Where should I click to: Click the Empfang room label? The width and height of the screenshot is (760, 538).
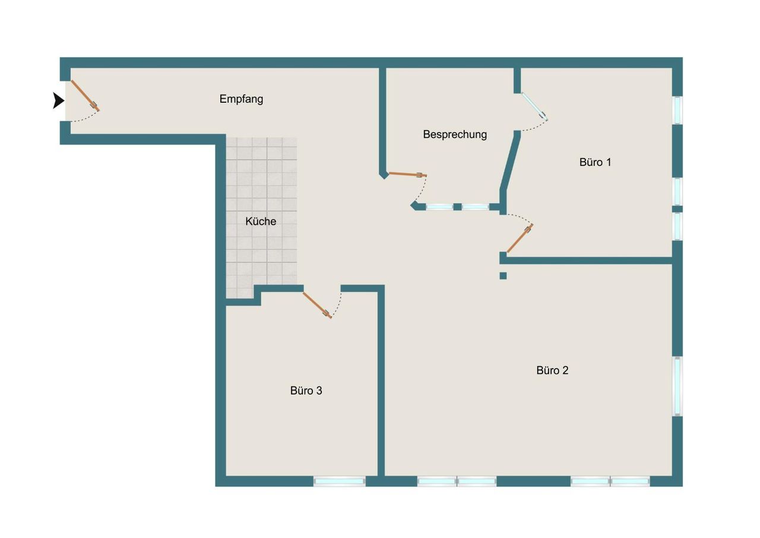pos(241,99)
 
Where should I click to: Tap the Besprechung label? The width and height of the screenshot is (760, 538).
pos(455,134)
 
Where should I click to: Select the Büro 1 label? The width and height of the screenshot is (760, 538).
pos(595,162)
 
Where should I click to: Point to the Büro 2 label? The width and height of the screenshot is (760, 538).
pos(552,370)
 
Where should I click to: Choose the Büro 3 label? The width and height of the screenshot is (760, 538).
pos(306,391)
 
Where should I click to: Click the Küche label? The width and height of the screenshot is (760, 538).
pos(261,222)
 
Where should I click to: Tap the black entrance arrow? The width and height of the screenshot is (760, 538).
pos(58,100)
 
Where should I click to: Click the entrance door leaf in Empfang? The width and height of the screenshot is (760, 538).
pos(85,96)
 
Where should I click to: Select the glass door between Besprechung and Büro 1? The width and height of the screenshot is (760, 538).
pos(534,106)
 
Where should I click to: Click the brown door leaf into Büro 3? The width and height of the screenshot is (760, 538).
pos(317,305)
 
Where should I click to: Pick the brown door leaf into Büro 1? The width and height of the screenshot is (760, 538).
pos(520,238)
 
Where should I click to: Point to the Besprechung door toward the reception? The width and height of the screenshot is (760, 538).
pos(407,175)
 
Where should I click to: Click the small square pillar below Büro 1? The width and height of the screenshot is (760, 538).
pos(503,276)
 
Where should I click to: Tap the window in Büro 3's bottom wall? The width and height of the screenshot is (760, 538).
pos(339,482)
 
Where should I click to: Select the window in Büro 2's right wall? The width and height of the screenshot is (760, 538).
pos(677,386)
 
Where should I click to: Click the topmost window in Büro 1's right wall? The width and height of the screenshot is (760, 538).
pos(677,111)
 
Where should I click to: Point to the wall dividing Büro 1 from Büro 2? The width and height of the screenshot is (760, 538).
pos(590,260)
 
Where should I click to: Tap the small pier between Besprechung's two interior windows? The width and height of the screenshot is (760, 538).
pos(457,207)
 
